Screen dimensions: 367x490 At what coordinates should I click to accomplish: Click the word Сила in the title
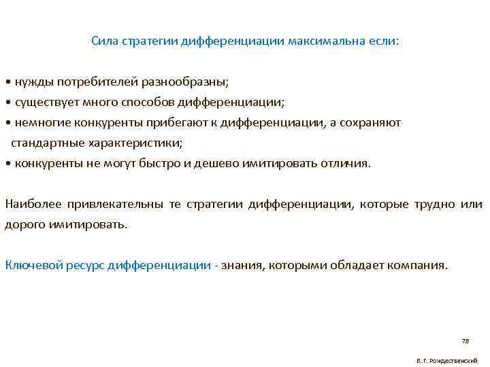pos(105,41)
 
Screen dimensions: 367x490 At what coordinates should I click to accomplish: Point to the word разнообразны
pos(186,82)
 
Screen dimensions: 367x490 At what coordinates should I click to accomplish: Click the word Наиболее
pos(29,204)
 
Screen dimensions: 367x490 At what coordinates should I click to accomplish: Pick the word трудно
pos(434,204)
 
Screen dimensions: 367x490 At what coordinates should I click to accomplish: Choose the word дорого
pos(22,224)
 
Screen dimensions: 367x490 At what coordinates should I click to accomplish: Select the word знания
pos(240,265)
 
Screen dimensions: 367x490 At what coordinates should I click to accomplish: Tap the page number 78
pos(465,340)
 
